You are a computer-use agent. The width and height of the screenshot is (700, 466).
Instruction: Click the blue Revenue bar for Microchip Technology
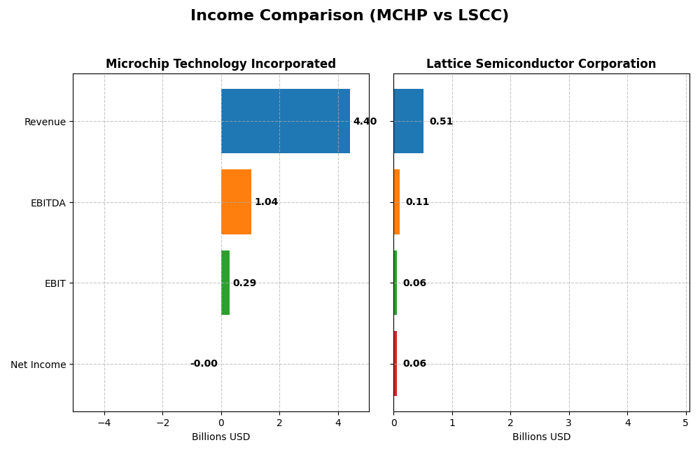click(285, 121)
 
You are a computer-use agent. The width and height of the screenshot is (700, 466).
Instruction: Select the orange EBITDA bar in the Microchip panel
click(236, 202)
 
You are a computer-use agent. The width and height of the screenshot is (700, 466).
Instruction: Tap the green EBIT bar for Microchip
click(225, 283)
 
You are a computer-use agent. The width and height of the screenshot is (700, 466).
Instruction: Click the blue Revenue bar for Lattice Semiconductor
click(408, 121)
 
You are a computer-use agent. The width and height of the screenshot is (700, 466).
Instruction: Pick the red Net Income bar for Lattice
click(395, 364)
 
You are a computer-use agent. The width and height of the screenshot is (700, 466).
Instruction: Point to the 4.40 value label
click(365, 122)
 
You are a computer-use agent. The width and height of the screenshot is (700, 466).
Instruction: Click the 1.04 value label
click(266, 202)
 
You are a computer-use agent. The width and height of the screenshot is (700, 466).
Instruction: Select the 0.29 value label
click(244, 283)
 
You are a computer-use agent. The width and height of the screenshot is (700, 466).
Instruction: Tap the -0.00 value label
click(204, 364)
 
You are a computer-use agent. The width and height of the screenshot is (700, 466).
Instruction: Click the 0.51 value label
click(441, 122)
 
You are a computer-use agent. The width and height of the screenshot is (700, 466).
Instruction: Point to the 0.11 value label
click(417, 202)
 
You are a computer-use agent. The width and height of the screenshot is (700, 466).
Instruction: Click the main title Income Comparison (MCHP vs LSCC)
click(349, 15)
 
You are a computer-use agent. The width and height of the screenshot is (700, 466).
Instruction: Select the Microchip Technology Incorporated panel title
click(220, 64)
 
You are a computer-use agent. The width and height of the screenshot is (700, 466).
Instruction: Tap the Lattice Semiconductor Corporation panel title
click(541, 64)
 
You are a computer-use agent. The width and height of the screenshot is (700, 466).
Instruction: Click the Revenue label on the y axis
click(45, 122)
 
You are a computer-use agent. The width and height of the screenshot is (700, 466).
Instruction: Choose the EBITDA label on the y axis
click(48, 203)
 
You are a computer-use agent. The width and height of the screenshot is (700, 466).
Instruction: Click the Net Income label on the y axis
click(38, 365)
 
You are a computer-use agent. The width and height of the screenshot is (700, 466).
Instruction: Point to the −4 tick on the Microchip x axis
click(104, 423)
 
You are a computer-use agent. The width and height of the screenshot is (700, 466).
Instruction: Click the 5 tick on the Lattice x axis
click(685, 423)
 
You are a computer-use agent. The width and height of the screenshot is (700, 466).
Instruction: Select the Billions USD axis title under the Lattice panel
click(541, 437)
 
